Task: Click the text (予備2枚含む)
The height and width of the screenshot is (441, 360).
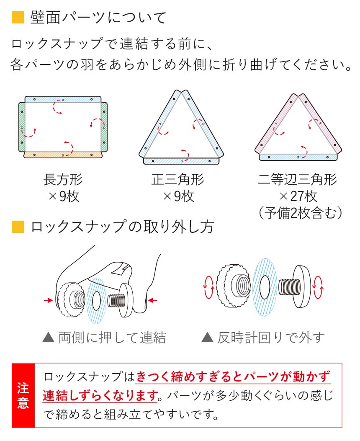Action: tap(298, 212)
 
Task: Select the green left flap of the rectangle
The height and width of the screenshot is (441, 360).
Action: tap(22, 127)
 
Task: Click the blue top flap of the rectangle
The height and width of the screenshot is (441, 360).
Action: tap(63, 100)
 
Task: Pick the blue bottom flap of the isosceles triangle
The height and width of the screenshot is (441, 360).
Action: tap(298, 157)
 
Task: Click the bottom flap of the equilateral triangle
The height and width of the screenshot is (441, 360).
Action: tap(181, 161)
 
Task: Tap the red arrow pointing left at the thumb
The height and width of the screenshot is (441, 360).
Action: tap(153, 300)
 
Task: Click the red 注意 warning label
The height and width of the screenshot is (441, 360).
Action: tap(23, 395)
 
